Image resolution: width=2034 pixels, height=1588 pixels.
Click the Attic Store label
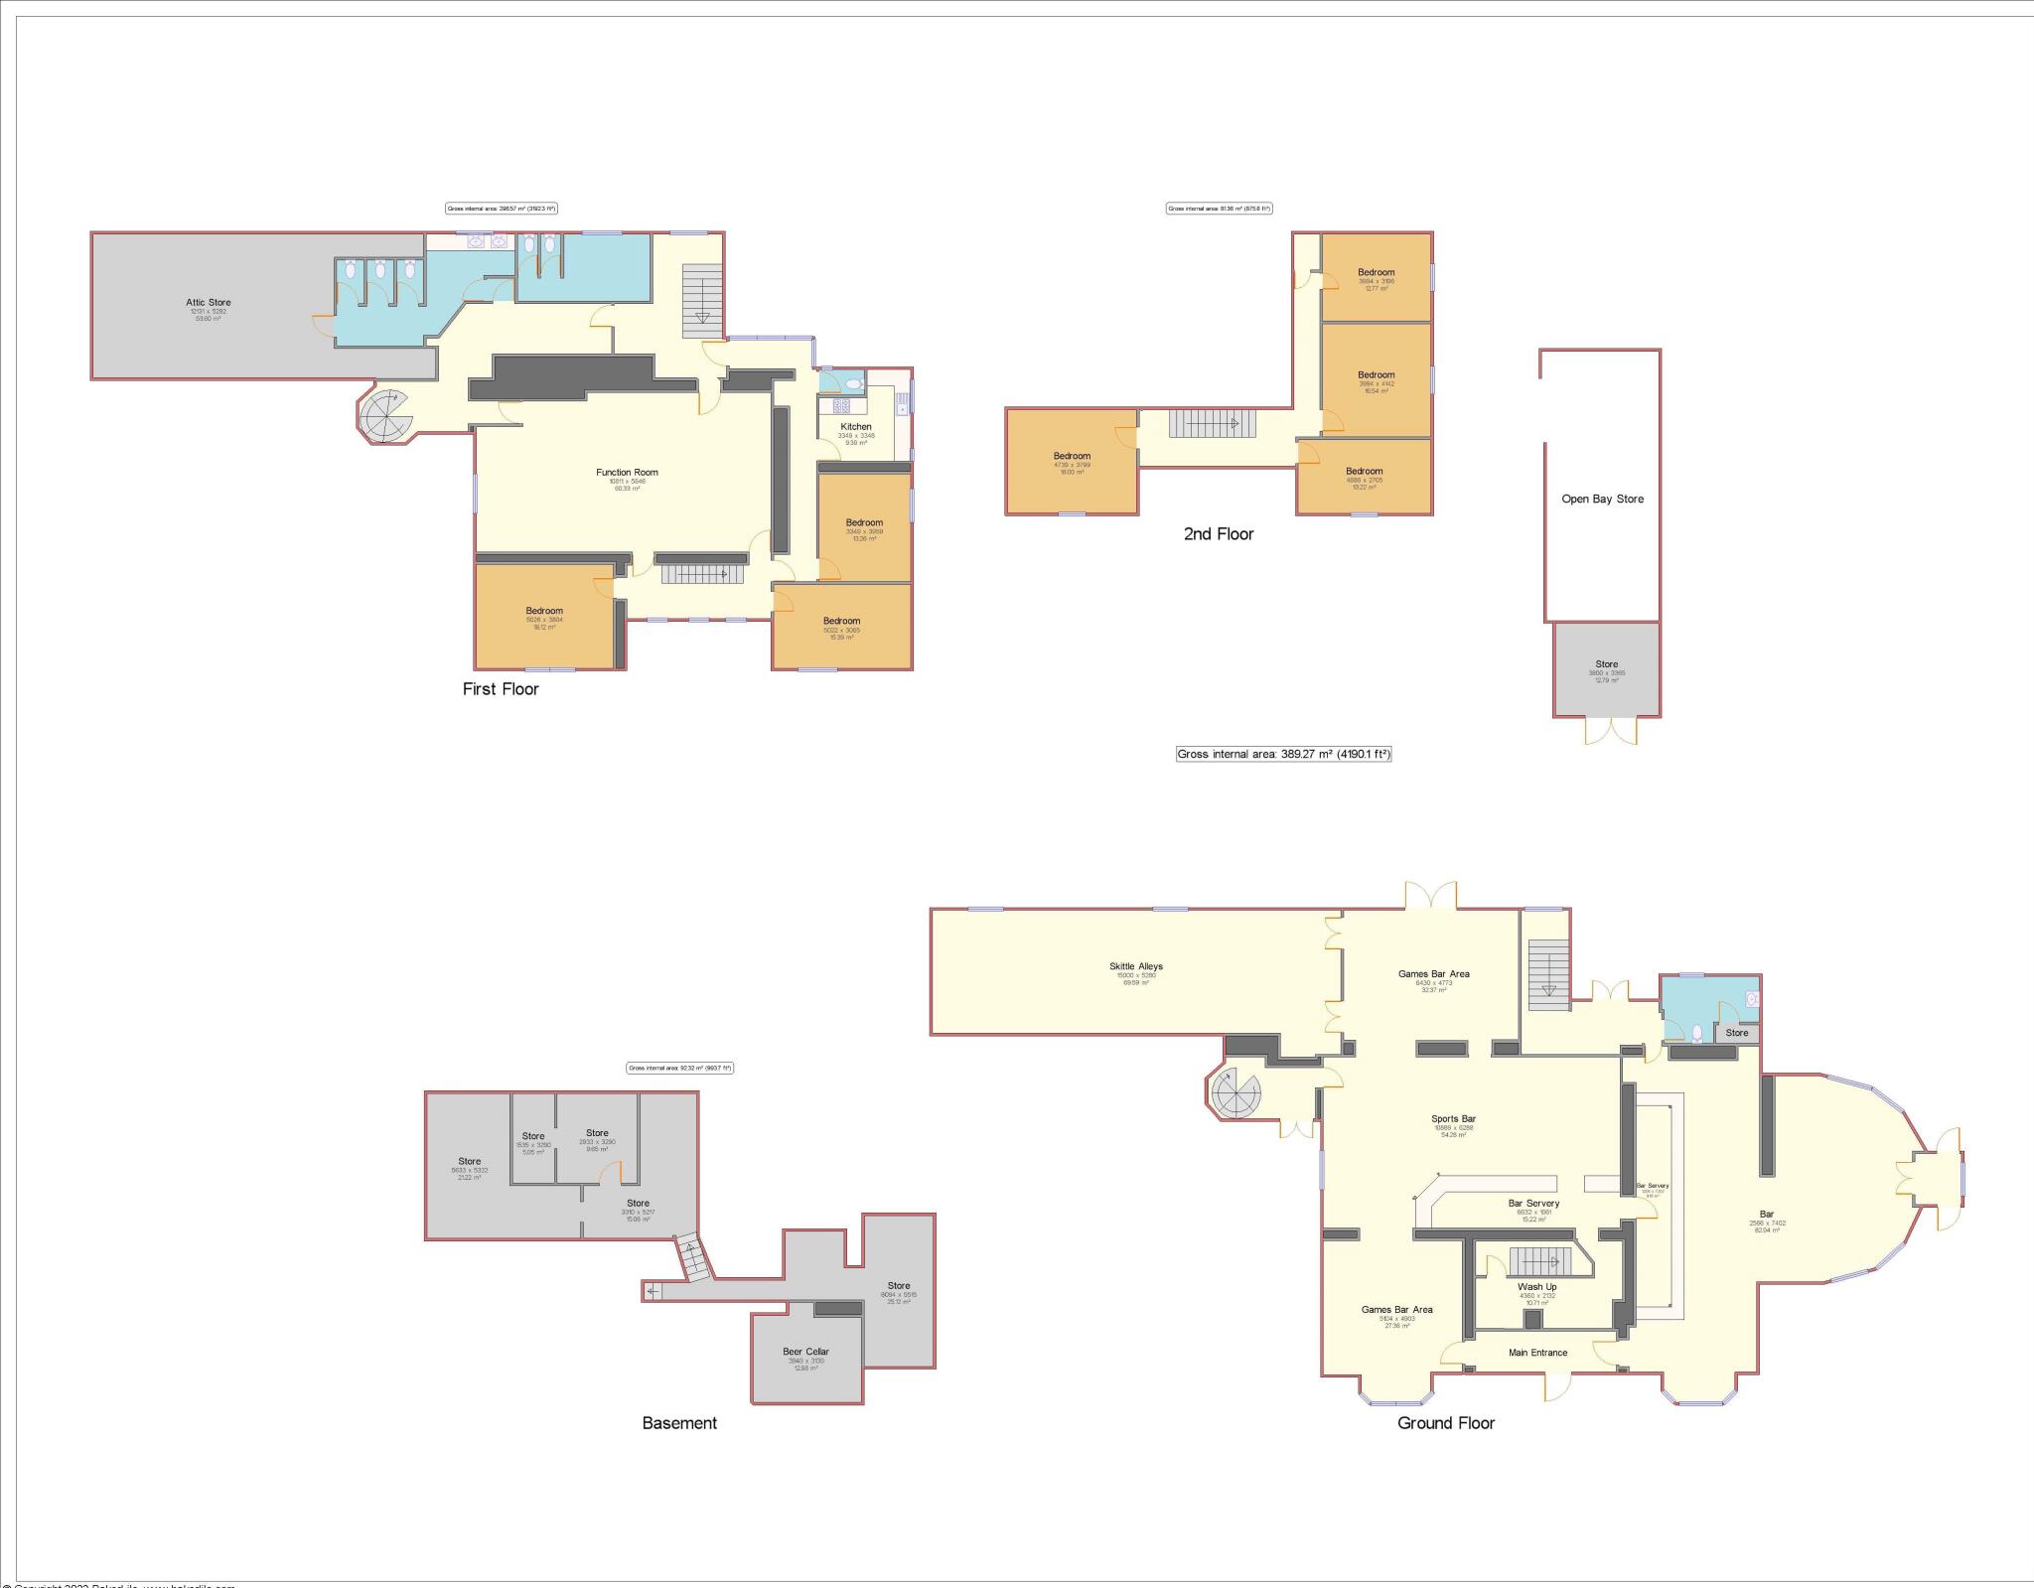[208, 302]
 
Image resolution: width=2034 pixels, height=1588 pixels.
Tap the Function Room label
[627, 473]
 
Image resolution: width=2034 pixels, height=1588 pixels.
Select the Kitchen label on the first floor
[855, 426]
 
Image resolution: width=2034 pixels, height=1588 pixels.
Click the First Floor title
[501, 689]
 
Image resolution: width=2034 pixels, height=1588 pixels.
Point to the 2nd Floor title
[1219, 534]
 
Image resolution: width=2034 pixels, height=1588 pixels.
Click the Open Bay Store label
[1602, 500]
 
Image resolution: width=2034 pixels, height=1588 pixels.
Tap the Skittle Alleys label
[1135, 966]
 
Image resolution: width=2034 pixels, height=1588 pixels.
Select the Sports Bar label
[1453, 1118]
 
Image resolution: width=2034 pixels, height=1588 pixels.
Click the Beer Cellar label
[805, 1352]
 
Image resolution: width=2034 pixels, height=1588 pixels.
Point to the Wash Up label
[1536, 1287]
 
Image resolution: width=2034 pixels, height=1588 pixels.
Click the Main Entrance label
[1537, 1353]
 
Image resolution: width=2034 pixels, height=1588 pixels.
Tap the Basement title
[679, 1423]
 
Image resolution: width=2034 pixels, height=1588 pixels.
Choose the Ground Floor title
[1445, 1423]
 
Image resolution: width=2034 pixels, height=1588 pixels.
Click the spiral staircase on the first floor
[384, 416]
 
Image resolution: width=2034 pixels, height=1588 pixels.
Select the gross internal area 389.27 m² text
[1283, 754]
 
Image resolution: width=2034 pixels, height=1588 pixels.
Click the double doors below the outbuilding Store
[1610, 731]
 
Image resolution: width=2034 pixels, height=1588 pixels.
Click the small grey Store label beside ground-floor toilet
[1736, 1033]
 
